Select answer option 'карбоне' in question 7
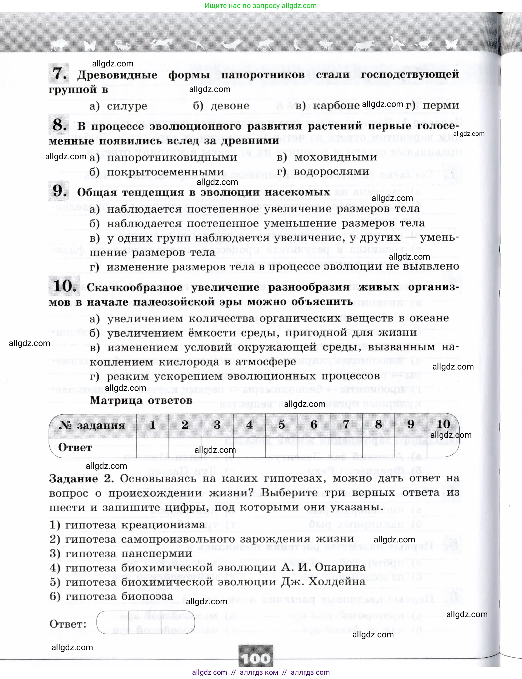tap(336, 105)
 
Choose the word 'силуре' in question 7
tap(127, 106)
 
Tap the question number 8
tap(59, 125)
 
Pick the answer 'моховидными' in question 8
tap(336, 157)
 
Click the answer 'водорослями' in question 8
tap(331, 171)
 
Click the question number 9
tap(59, 191)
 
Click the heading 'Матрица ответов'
tap(141, 400)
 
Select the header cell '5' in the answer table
tap(281, 424)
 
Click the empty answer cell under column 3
tap(217, 447)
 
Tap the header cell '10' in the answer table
tap(443, 424)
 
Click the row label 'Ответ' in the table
tap(75, 447)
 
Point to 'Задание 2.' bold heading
tap(81, 479)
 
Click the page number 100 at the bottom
tap(256, 658)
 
